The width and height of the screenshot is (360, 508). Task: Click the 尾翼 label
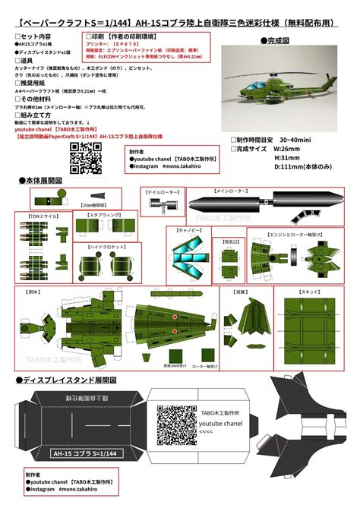point(239,290)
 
